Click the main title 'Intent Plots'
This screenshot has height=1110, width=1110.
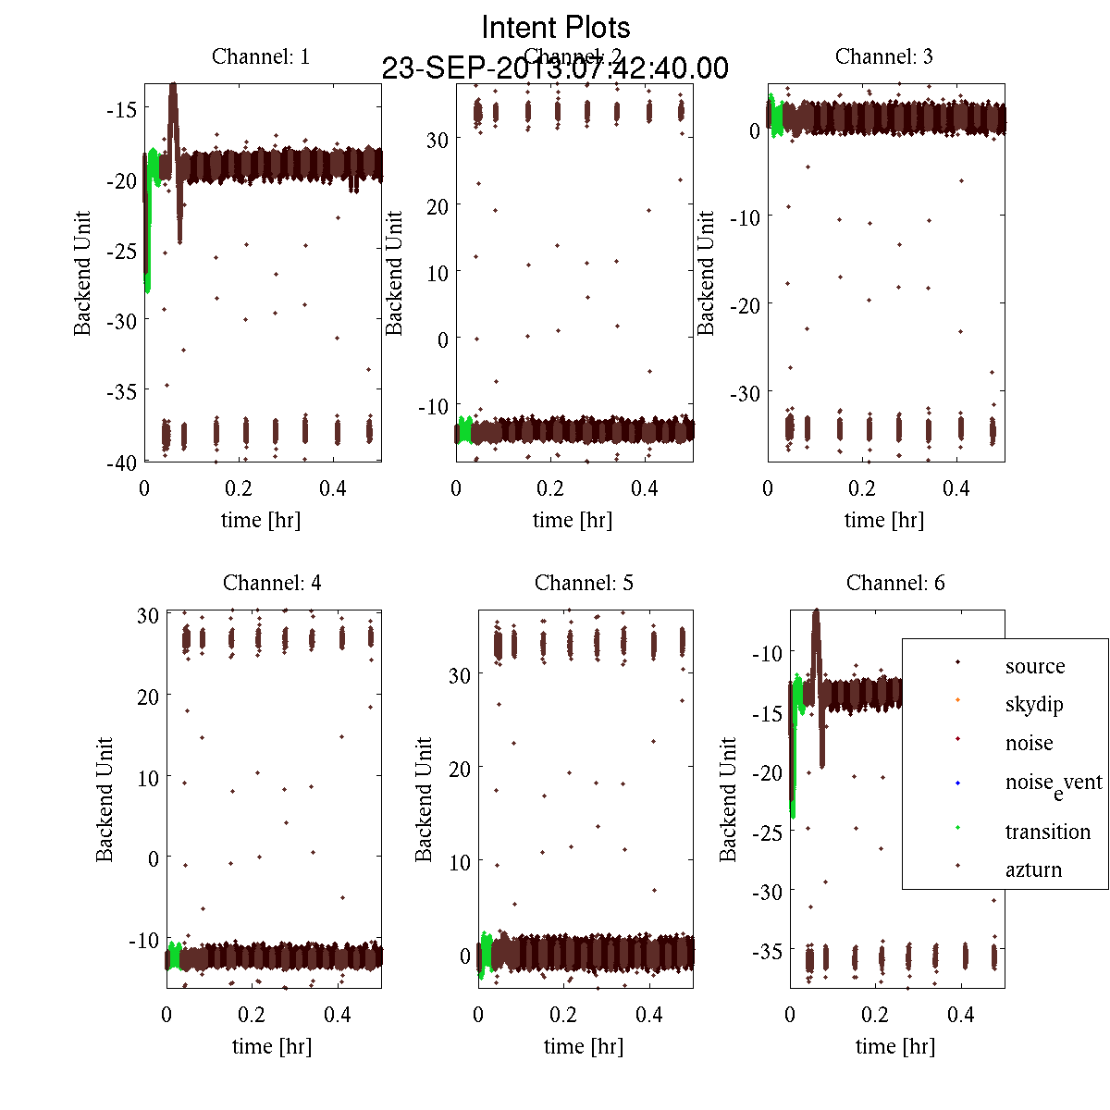pos(556,27)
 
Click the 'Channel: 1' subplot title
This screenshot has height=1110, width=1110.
pos(261,56)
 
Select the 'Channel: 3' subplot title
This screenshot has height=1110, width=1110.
pos(884,56)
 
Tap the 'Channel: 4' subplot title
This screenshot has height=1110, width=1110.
pos(272,583)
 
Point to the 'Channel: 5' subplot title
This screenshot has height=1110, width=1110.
pos(584,583)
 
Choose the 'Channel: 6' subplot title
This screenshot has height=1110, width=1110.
pos(895,583)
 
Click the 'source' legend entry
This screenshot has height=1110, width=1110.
pos(1034,666)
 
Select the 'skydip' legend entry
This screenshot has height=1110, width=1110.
pos(1033,704)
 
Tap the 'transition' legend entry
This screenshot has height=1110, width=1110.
pos(1047,832)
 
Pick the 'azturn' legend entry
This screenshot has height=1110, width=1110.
pos(1033,869)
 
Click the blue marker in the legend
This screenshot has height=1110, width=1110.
pos(957,783)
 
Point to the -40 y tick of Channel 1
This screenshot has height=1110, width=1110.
pos(121,462)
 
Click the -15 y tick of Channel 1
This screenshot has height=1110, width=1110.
pos(121,109)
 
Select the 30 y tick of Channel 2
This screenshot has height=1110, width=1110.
pos(437,140)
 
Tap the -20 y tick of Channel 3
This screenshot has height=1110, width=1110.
pos(745,304)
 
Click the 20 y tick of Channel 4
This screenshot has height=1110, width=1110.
pos(148,697)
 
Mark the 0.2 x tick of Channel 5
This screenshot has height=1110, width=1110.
pos(563,1015)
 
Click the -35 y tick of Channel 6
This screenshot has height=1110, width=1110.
pos(766,951)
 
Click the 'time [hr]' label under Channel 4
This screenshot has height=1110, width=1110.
pos(272,1046)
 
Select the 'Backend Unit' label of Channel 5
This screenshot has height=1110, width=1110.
pos(424,799)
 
